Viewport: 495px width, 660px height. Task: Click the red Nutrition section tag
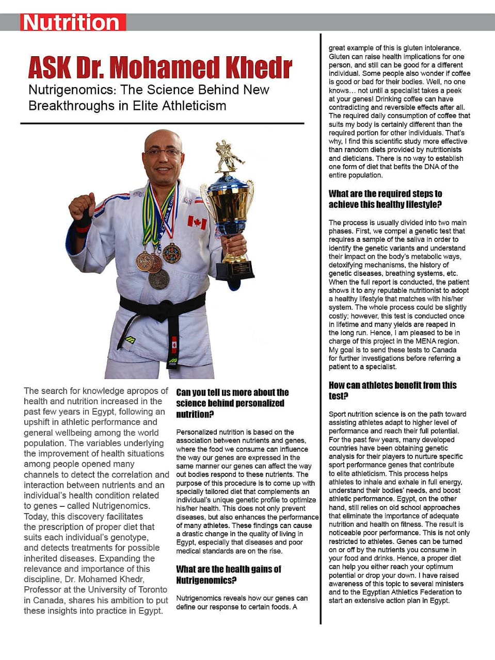(x=72, y=23)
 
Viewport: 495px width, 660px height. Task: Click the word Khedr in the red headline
(x=251, y=68)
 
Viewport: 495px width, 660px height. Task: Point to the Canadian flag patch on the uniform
(x=197, y=223)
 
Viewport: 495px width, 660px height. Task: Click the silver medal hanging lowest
(x=159, y=278)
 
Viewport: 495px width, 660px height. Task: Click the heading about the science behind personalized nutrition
(x=232, y=403)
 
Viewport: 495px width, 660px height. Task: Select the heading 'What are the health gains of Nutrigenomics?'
(x=228, y=574)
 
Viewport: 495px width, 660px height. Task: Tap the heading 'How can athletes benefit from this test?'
(x=392, y=390)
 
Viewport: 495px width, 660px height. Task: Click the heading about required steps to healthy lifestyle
(x=385, y=199)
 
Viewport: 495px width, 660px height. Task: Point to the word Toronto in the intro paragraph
(x=149, y=589)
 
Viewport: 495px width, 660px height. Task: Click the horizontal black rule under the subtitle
(x=162, y=124)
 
